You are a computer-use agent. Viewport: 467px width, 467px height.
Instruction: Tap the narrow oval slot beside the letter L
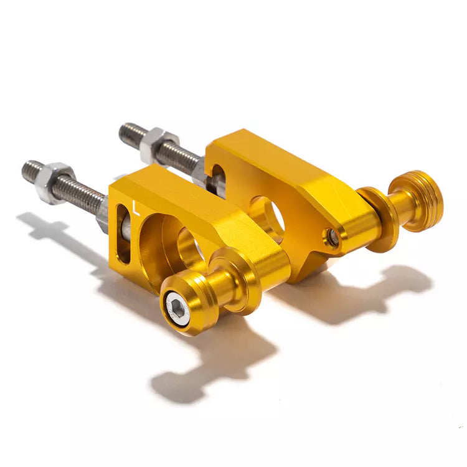click(124, 237)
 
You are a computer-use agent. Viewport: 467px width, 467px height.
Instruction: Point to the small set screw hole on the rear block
click(334, 237)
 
